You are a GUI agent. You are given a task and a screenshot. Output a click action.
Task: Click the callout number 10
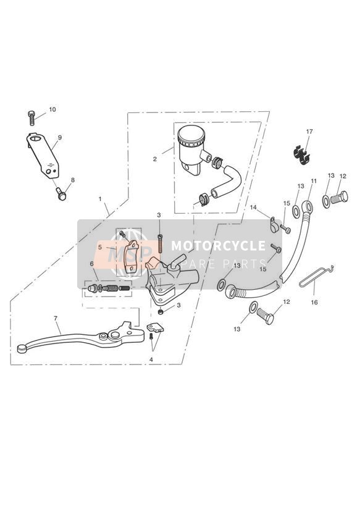coord(52,109)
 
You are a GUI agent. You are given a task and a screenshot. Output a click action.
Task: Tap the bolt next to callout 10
coord(31,118)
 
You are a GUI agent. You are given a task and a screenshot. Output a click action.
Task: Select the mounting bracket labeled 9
coord(43,156)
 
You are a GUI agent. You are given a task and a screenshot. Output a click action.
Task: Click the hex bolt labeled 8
coord(61,193)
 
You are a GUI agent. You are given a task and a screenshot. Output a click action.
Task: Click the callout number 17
coord(309,132)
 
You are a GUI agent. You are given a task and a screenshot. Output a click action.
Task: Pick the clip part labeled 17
coord(301,154)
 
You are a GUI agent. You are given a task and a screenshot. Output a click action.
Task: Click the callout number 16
coord(314,303)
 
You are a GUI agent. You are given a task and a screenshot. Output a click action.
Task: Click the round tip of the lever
coord(22,348)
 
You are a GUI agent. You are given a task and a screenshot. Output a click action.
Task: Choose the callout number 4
coord(151,360)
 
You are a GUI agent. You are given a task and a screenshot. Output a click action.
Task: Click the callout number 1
coord(100,198)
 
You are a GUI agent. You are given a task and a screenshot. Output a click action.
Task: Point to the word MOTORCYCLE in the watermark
coord(218,246)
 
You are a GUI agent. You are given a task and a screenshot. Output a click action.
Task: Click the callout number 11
coord(314,181)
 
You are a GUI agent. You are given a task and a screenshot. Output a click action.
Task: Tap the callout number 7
coord(55,319)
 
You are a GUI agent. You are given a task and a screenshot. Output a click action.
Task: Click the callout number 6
coord(92,263)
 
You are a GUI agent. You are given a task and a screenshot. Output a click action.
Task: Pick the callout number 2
coord(155,159)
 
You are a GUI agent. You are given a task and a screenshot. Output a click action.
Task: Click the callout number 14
coord(253,207)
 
